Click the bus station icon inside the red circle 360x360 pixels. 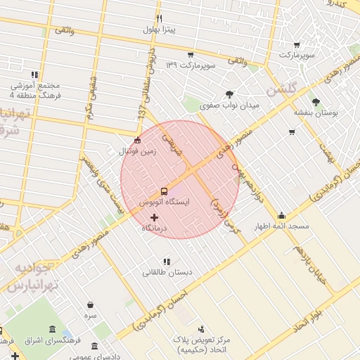[x=164, y=191]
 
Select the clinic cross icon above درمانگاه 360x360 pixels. [x=155, y=217]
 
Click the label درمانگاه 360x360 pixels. [x=155, y=229]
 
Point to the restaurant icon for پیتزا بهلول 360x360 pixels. [x=160, y=19]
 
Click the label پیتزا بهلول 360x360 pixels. [x=160, y=30]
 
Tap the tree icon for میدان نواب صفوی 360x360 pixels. [x=229, y=94]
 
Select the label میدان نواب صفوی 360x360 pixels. [x=229, y=105]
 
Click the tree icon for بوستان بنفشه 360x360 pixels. [x=316, y=101]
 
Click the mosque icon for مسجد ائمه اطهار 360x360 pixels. [x=282, y=215]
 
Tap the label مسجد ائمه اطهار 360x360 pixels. [x=282, y=226]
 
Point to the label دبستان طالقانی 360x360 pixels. [x=167, y=272]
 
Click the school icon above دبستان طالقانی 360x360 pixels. [x=167, y=262]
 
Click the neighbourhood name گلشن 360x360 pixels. [x=283, y=89]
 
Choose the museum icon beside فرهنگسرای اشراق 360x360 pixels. [x=53, y=330]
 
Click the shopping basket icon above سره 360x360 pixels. [x=91, y=305]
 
